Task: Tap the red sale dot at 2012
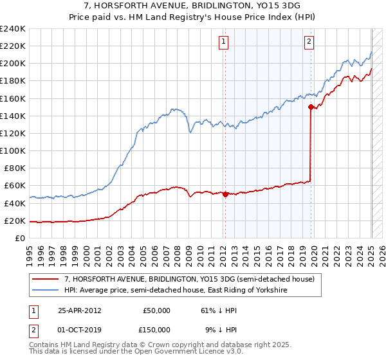(225, 194)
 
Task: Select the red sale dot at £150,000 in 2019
(311, 107)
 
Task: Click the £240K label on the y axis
(13, 29)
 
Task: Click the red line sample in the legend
(46, 280)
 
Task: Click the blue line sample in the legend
(46, 291)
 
